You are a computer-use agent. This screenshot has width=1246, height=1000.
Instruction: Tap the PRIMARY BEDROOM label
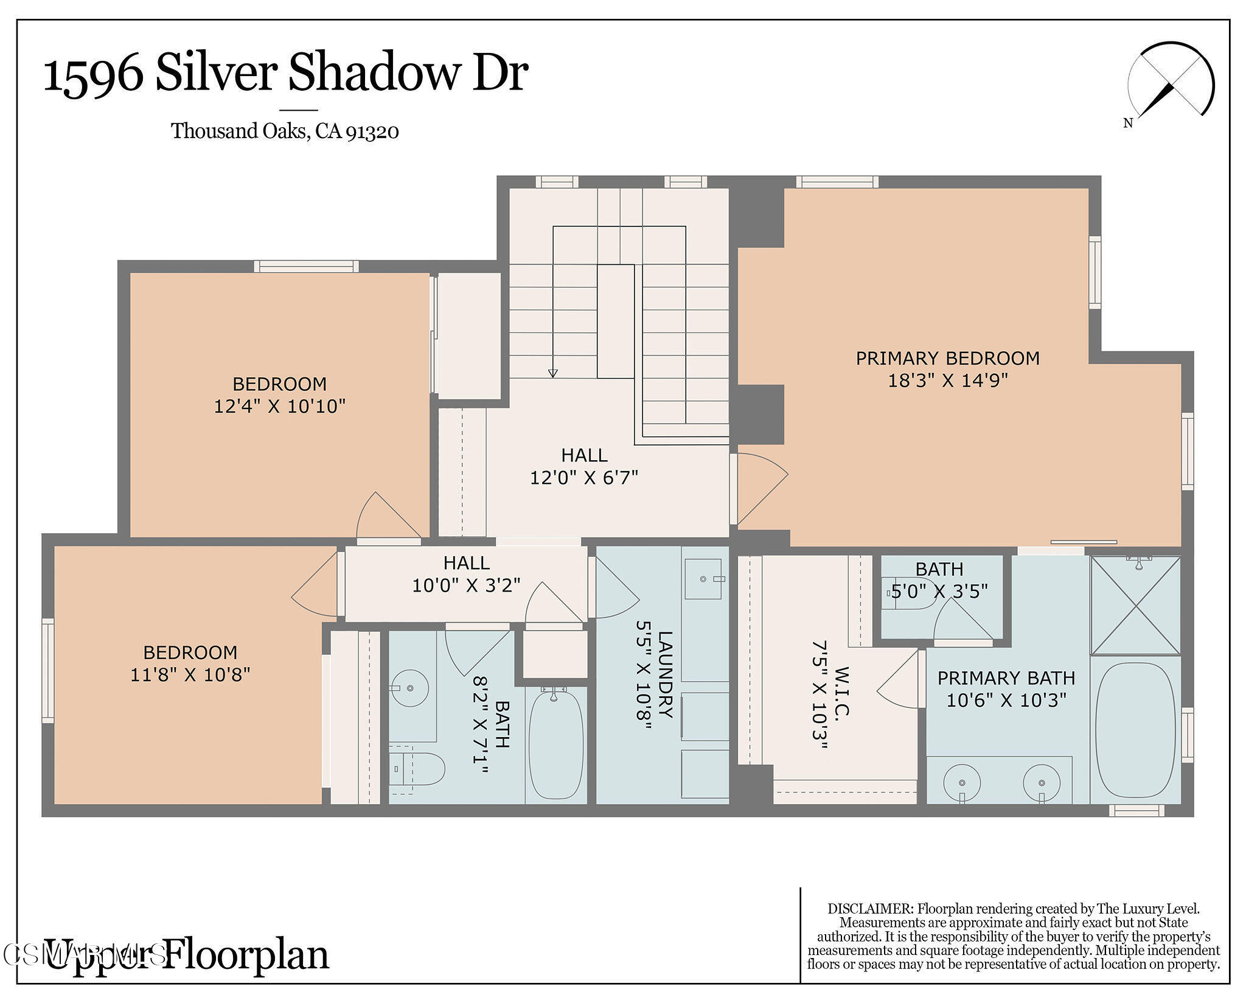[947, 358]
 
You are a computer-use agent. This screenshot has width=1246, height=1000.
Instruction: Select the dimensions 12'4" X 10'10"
[279, 406]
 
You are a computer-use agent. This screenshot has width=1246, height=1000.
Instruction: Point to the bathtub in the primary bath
[1135, 730]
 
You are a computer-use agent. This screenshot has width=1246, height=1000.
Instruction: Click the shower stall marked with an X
[1135, 606]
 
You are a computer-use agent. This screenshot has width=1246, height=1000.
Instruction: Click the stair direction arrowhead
[552, 373]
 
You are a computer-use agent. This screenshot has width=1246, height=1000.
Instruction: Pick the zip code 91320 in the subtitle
[372, 131]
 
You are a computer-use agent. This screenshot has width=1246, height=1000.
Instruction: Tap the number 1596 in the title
[93, 75]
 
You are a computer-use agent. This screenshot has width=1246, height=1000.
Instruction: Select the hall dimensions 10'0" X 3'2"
[466, 585]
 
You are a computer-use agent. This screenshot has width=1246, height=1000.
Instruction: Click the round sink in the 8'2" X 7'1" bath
[409, 688]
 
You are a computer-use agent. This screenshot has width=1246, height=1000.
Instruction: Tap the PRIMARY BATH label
[1006, 677]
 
